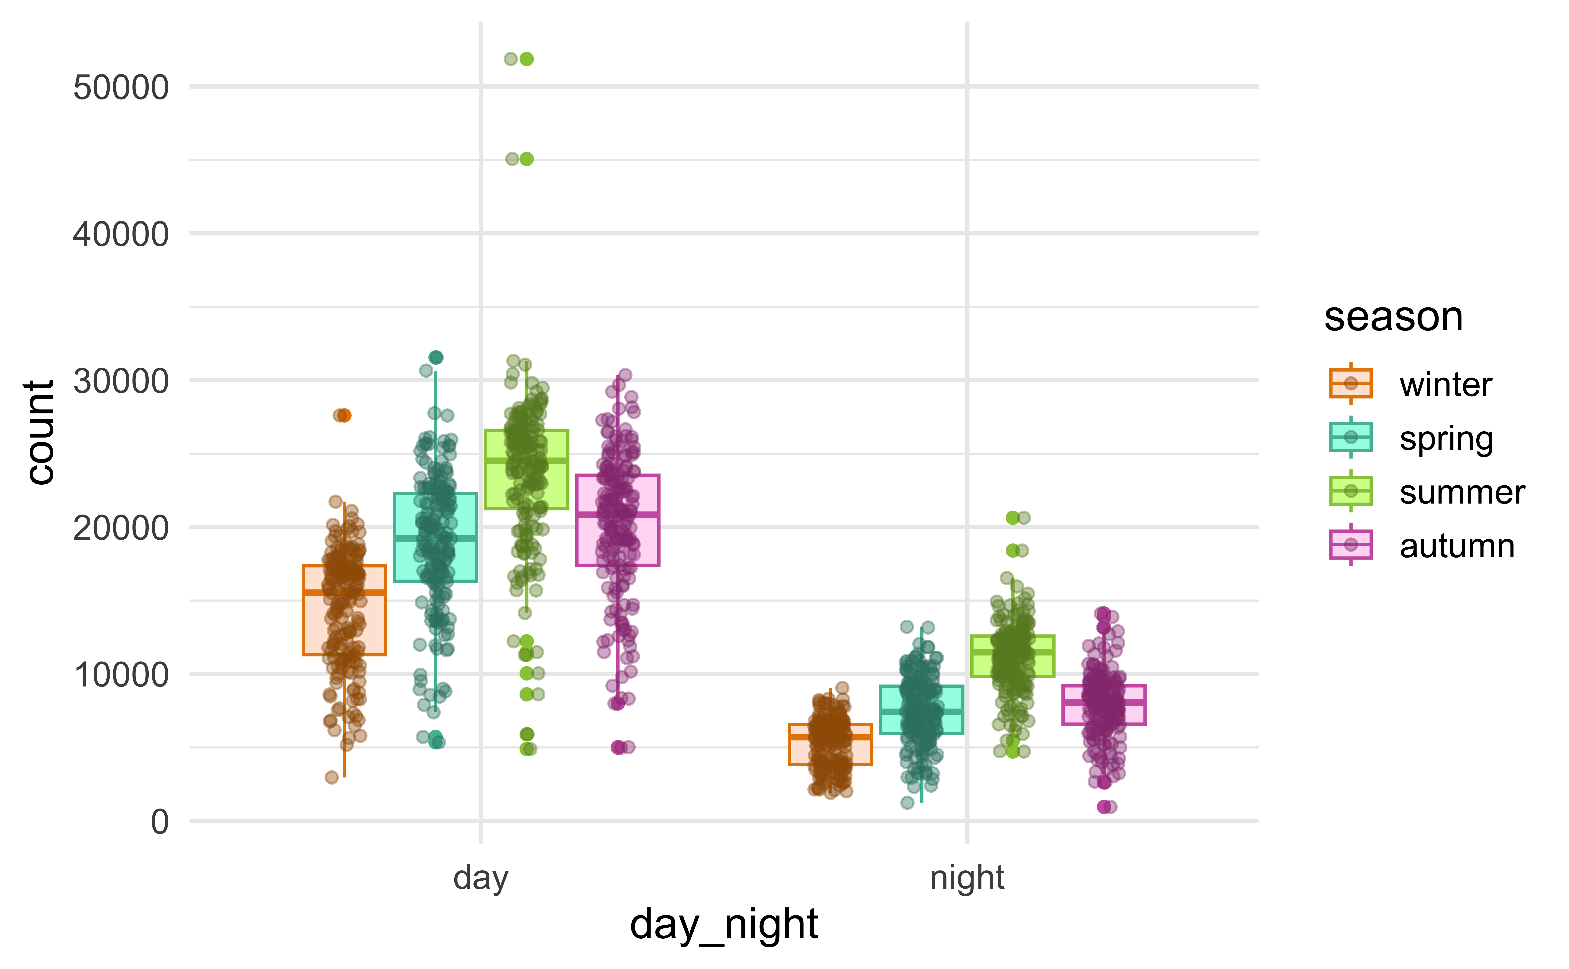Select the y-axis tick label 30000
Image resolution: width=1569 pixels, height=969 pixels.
121,381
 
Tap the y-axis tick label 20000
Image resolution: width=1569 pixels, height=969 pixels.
121,528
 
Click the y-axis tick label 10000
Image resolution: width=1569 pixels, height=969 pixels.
121,675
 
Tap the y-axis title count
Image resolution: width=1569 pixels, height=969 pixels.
40,433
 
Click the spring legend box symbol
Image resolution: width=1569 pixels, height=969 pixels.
1350,438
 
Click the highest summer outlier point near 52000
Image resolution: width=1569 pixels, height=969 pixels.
526,59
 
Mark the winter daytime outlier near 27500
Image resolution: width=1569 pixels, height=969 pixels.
344,415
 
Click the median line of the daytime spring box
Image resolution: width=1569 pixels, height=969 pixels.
435,538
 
